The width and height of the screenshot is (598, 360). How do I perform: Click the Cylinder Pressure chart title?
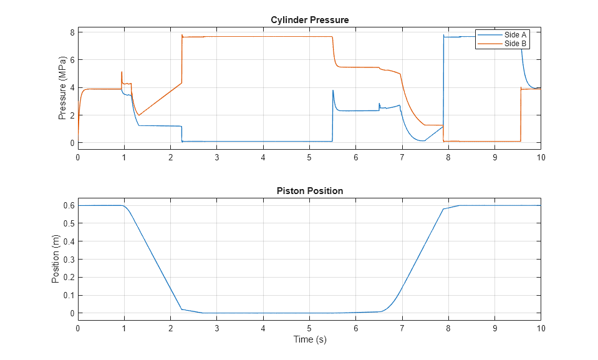(x=309, y=20)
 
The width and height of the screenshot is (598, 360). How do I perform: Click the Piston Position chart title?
(x=309, y=191)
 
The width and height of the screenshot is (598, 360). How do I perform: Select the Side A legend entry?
(x=515, y=35)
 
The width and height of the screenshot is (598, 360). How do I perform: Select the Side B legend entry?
(x=515, y=44)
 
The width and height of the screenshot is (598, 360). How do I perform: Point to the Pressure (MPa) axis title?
(x=62, y=87)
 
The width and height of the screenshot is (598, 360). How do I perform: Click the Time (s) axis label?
(x=309, y=340)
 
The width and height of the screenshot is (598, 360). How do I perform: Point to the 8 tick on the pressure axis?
(x=72, y=32)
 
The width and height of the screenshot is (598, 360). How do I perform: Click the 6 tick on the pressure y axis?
(x=72, y=60)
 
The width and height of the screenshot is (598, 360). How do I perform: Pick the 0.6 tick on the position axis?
(x=69, y=205)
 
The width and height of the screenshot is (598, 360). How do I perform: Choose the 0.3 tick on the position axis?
(x=69, y=260)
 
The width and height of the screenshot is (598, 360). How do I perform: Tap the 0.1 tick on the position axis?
(x=69, y=295)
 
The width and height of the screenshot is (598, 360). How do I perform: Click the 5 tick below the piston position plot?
(x=309, y=328)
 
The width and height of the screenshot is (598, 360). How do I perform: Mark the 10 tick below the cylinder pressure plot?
(x=541, y=157)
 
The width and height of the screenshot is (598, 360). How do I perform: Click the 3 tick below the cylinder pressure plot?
(x=216, y=157)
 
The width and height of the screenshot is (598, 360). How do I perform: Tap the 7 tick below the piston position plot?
(x=402, y=328)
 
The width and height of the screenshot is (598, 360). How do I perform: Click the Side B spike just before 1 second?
(x=122, y=72)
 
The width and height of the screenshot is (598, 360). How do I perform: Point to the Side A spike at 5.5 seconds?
(x=333, y=90)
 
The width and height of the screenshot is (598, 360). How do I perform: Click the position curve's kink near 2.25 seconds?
(x=182, y=309)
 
